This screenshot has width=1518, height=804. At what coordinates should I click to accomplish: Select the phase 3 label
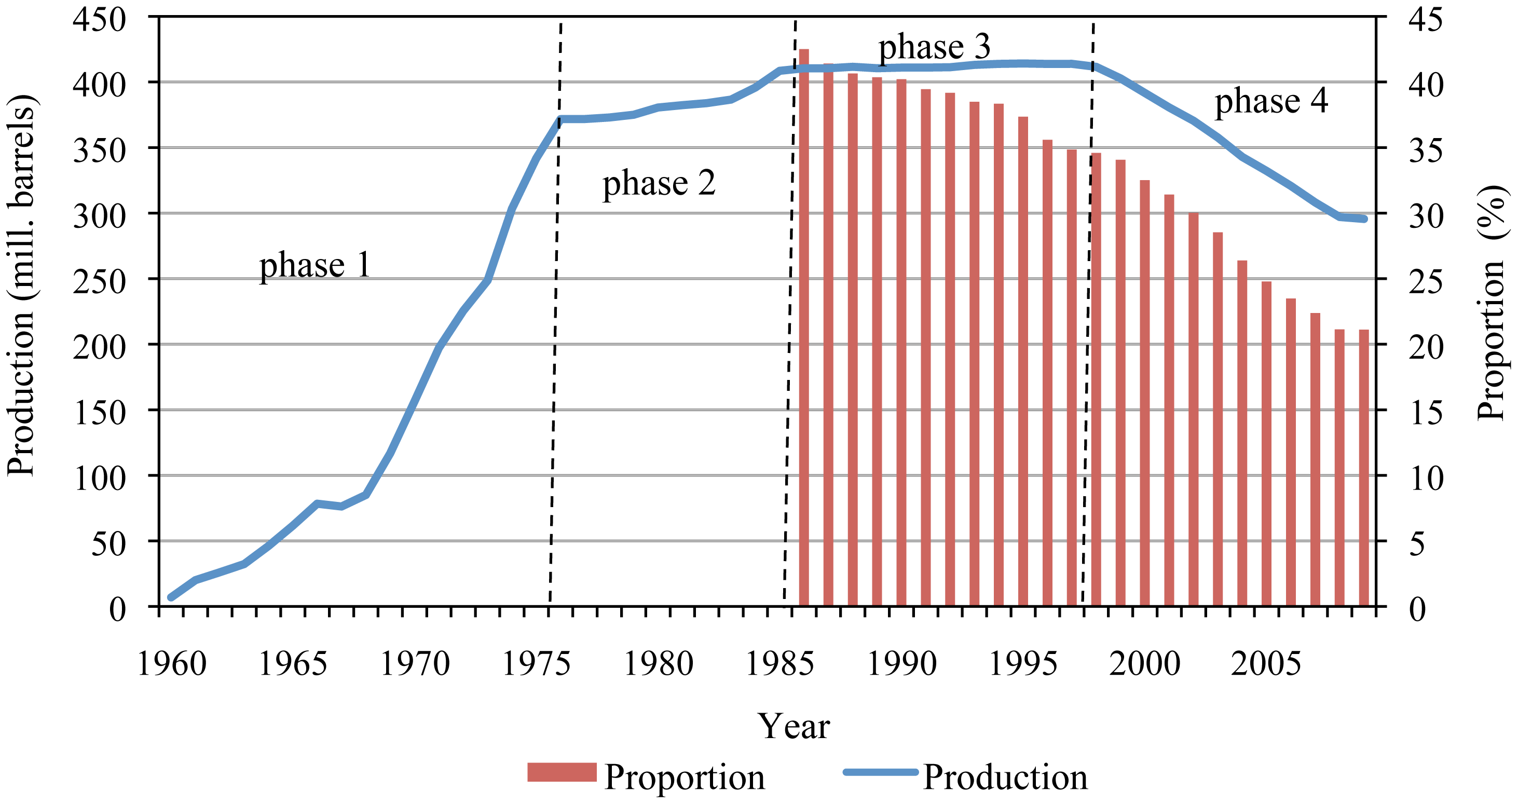[x=934, y=47]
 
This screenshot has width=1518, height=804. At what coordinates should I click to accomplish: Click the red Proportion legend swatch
[x=562, y=772]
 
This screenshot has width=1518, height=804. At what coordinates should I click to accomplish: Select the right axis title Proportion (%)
[x=1493, y=302]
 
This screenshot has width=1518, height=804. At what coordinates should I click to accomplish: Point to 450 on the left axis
[x=99, y=20]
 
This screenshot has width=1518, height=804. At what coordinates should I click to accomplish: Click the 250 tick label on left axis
[x=99, y=282]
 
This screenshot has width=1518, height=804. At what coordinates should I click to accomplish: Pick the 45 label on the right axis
[x=1426, y=20]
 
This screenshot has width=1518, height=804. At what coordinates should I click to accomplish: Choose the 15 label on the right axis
[x=1426, y=413]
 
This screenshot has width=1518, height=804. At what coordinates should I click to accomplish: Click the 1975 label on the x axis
[x=536, y=664]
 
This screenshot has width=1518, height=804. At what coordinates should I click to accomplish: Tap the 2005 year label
[x=1265, y=664]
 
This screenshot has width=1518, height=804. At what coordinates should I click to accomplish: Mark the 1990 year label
[x=901, y=664]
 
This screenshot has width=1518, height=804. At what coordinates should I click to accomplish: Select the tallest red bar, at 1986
[x=804, y=328]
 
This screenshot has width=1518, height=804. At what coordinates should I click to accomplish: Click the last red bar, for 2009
[x=1364, y=468]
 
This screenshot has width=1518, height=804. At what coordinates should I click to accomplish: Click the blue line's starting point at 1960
[x=171, y=597]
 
